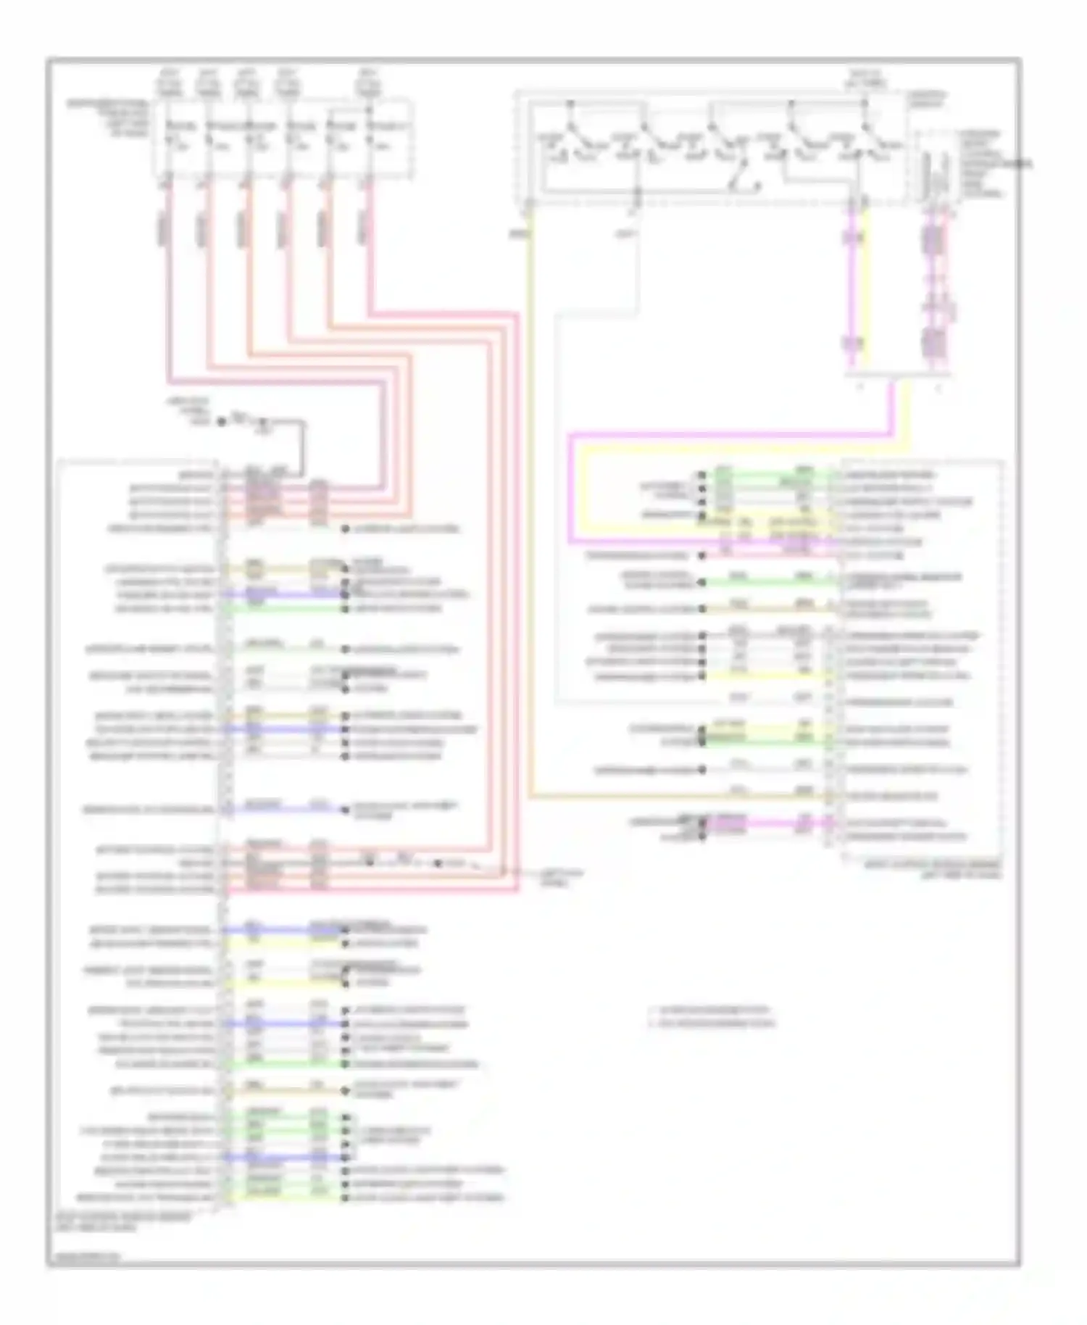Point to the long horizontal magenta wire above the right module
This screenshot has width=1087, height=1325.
click(725, 436)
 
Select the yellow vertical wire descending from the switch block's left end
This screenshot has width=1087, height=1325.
click(530, 507)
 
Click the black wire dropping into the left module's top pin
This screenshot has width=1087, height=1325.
click(303, 446)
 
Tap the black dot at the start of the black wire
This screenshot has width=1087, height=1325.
click(222, 421)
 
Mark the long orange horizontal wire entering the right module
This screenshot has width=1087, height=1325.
click(681, 796)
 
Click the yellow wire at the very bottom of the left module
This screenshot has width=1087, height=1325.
click(283, 1197)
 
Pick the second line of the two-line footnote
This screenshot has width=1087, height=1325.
click(714, 1023)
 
